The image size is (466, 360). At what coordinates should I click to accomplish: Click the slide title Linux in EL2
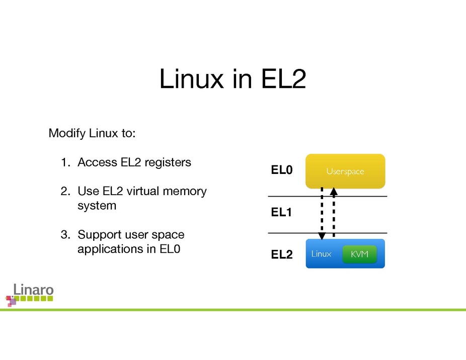point(232,79)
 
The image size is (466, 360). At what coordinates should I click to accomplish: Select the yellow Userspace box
point(345,171)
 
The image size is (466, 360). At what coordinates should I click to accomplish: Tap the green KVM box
point(359,254)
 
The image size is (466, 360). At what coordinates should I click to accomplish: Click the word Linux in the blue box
point(321,254)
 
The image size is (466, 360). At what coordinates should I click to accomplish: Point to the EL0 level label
point(282,171)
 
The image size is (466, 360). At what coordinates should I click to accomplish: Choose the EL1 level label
point(282,213)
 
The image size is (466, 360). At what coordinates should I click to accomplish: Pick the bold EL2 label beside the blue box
point(282,255)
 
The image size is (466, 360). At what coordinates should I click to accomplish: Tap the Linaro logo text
point(33,290)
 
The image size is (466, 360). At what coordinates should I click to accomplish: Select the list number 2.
point(64,192)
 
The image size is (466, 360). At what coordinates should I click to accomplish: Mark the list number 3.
point(64,235)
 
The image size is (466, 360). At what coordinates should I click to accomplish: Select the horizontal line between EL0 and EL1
point(327,196)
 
